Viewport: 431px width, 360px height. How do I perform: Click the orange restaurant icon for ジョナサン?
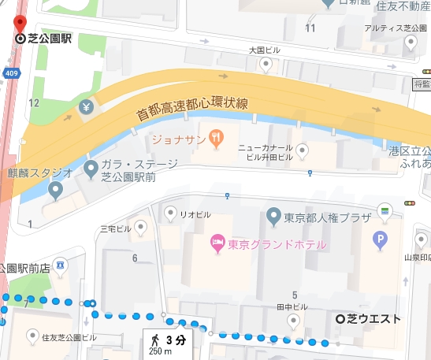tap(210, 127)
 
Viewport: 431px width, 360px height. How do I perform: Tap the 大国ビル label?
tap(265, 50)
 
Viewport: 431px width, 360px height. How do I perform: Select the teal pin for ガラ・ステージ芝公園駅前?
tap(91, 167)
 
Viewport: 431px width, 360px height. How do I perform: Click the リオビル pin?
tap(169, 212)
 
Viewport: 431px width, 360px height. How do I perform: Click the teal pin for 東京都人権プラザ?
tap(273, 215)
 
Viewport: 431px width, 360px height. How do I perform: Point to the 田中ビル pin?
tap(293, 320)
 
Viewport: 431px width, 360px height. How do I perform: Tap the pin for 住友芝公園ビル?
tap(32, 336)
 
